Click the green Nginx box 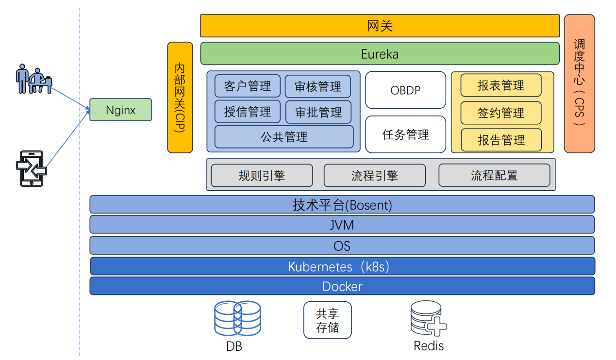(120, 110)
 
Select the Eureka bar (380, 53)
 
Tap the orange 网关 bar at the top (380, 26)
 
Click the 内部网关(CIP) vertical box (180, 98)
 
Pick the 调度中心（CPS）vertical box (579, 83)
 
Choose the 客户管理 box (248, 86)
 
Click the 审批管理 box (318, 112)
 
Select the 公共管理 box (284, 137)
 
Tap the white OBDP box (405, 90)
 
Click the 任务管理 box (405, 134)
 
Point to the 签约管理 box (500, 113)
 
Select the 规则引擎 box (262, 176)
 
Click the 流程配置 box (494, 176)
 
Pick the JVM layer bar (342, 225)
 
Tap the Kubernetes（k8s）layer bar (342, 266)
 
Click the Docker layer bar (342, 286)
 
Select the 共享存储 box (327, 320)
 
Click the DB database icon (237, 318)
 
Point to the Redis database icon (428, 319)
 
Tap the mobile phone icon (31, 168)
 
